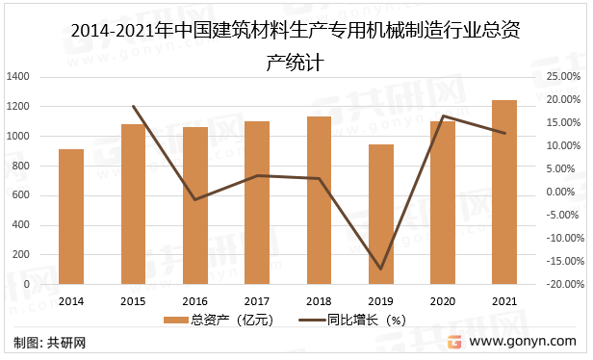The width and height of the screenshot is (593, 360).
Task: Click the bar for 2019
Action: click(x=381, y=214)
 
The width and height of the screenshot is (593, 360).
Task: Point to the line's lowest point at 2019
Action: click(x=381, y=269)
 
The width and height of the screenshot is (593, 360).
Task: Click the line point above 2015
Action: click(x=133, y=107)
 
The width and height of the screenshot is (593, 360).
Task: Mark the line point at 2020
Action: click(x=443, y=116)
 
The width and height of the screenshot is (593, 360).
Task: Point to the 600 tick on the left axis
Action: click(x=20, y=195)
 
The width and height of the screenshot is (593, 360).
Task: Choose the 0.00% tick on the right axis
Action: click(x=561, y=192)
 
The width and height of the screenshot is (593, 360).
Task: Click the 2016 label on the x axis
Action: click(x=194, y=300)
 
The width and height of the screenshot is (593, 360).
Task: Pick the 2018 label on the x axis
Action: click(x=319, y=300)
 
